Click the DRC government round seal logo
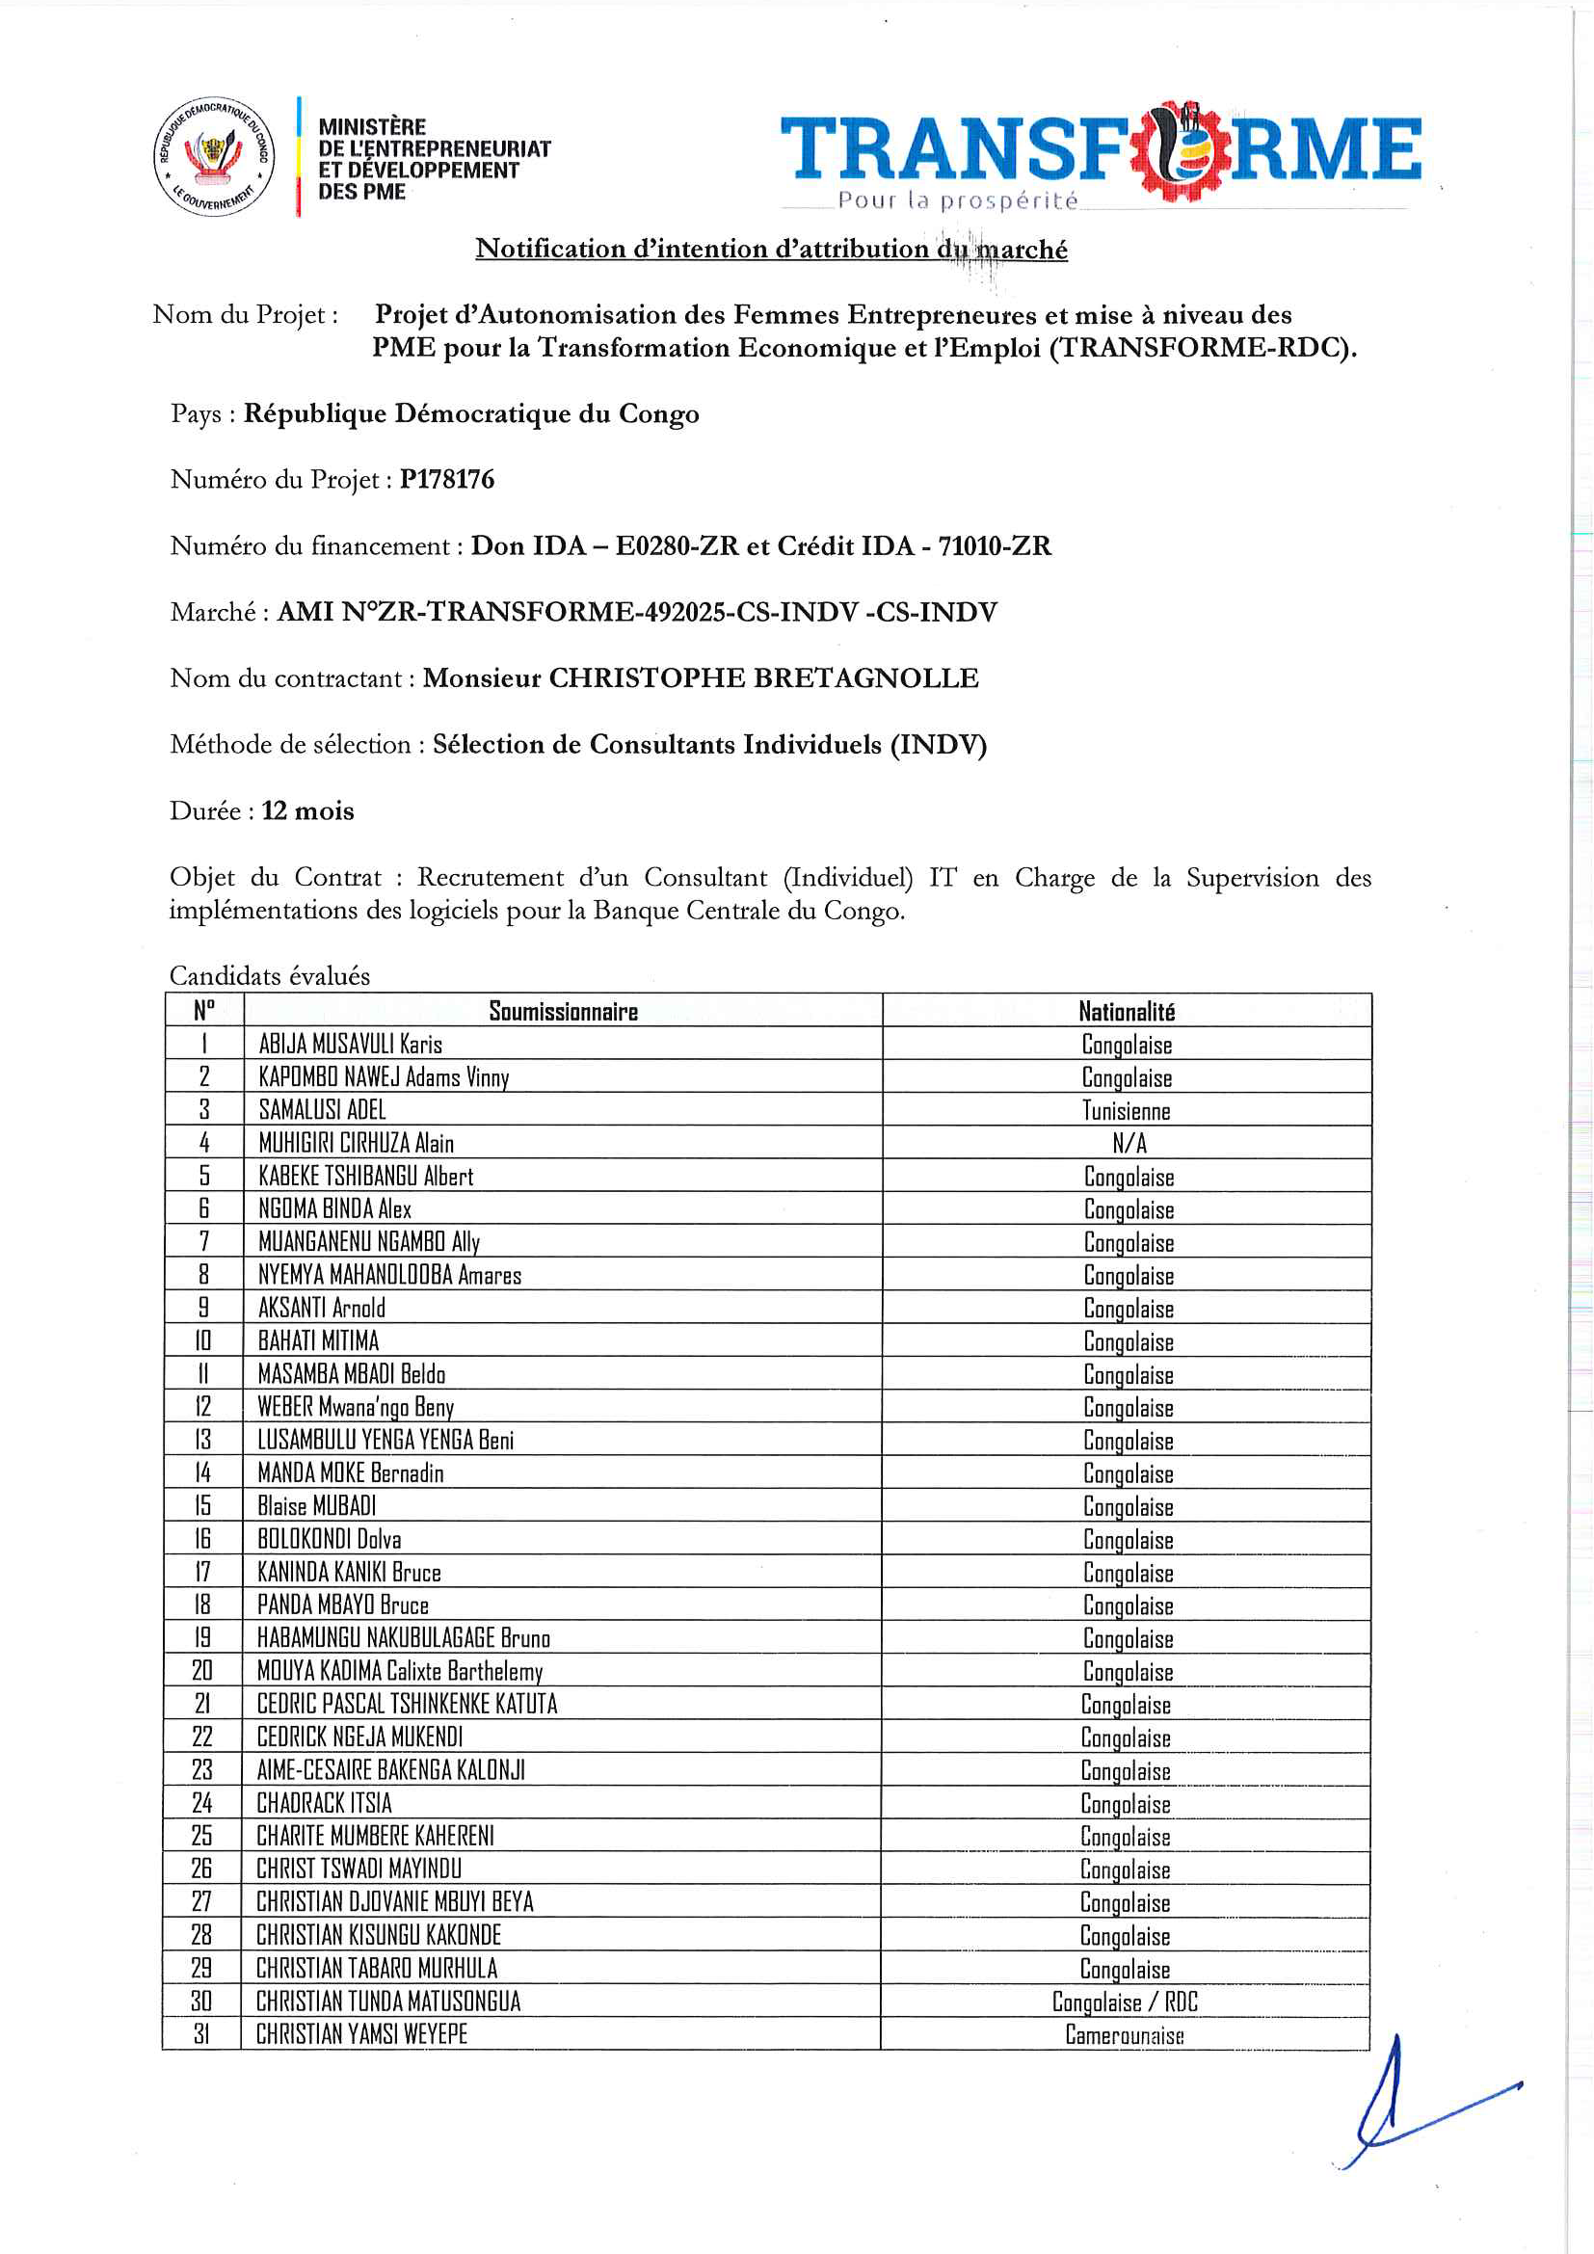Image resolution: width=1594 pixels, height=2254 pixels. [x=214, y=157]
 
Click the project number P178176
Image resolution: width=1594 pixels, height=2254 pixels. [x=446, y=479]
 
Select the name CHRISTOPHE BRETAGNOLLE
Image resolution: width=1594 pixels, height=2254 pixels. [x=762, y=678]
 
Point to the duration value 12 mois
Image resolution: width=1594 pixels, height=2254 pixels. [x=307, y=810]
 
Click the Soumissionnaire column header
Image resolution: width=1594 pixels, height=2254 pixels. [x=563, y=1011]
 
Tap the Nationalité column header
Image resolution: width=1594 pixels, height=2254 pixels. [x=1126, y=1011]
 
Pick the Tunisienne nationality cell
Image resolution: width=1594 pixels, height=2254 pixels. [x=1126, y=1110]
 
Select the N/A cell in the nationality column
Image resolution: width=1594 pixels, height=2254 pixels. [x=1129, y=1143]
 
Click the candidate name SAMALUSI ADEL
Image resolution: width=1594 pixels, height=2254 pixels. [x=322, y=1110]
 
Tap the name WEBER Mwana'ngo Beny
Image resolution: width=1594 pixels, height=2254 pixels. [x=356, y=1407]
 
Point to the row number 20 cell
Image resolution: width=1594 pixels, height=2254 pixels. [x=202, y=1671]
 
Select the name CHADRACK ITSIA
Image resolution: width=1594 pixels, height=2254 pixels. [x=324, y=1802]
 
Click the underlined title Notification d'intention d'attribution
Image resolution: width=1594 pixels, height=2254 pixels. [x=772, y=250]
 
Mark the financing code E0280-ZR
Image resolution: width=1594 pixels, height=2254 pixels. [x=677, y=545]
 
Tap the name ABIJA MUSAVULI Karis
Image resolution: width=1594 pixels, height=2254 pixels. [x=351, y=1044]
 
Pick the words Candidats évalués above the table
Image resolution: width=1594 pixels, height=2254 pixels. [x=270, y=976]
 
